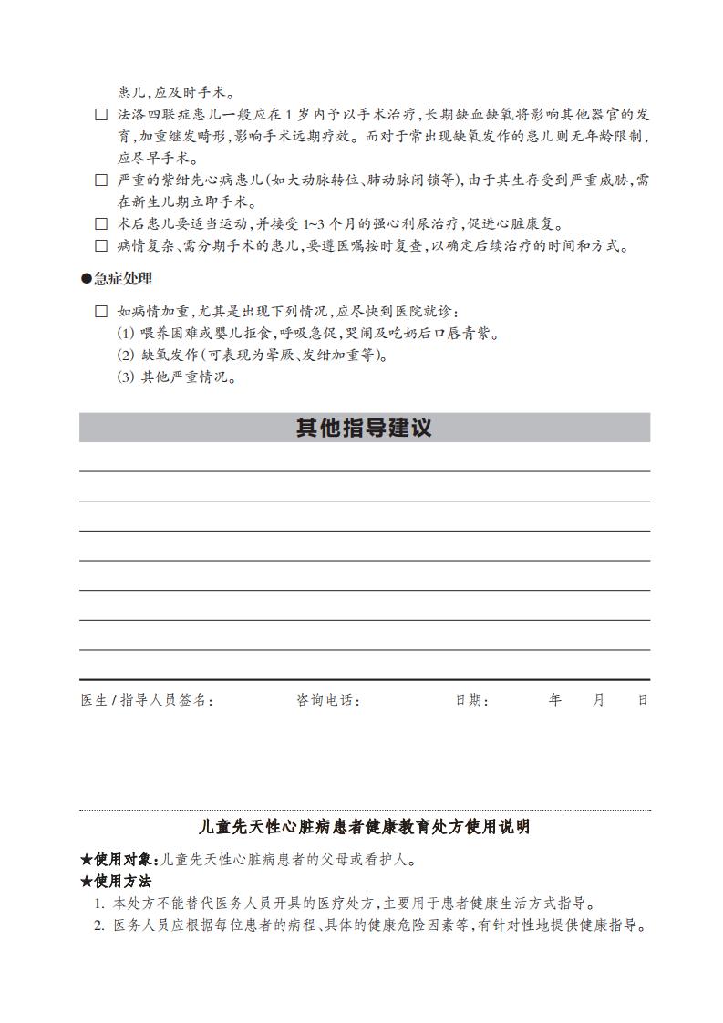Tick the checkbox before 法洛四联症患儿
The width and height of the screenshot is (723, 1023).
pos(101,115)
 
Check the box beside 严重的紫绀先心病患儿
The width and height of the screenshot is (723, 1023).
pos(101,181)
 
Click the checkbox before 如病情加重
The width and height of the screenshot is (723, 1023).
pos(101,312)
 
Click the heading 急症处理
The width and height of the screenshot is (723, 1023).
pos(122,279)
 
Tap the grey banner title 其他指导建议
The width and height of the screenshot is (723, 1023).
pos(364,428)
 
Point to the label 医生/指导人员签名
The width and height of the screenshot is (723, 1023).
pos(147,700)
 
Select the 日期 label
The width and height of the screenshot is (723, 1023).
pos(472,700)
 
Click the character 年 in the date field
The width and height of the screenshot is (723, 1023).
pos(555,700)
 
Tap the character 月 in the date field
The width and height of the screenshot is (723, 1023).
pos(599,700)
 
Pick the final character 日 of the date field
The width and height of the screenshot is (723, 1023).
pos(642,700)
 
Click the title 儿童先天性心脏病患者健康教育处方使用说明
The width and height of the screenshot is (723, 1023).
pos(364,828)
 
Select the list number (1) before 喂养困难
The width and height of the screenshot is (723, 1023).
pos(126,334)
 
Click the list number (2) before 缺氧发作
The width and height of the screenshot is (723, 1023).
pos(126,356)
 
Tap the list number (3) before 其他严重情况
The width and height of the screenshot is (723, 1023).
pos(126,377)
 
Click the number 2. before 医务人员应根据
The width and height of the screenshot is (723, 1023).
pos(99,925)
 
